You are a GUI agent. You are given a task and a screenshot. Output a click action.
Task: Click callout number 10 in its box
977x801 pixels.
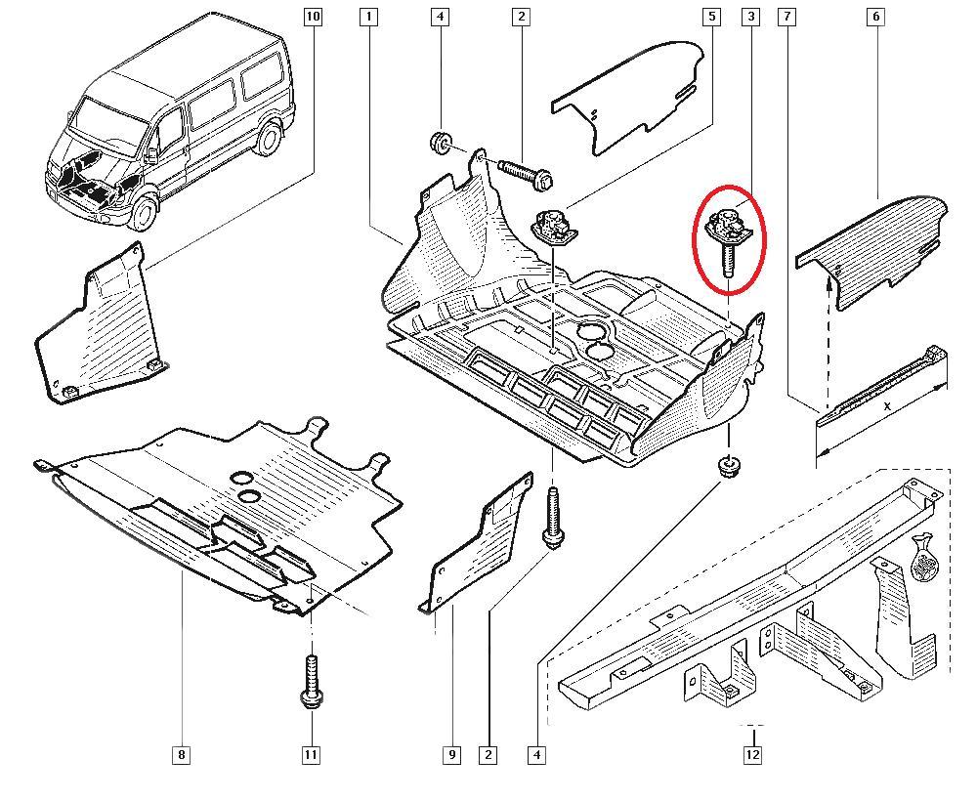pyautogui.click(x=313, y=17)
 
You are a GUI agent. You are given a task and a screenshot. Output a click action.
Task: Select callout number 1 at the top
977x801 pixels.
pyautogui.click(x=369, y=17)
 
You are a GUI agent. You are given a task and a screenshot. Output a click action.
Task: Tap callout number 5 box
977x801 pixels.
pyautogui.click(x=712, y=17)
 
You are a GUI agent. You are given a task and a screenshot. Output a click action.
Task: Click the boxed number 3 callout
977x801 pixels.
pyautogui.click(x=750, y=17)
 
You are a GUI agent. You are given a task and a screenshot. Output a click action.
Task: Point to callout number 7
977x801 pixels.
pyautogui.click(x=786, y=17)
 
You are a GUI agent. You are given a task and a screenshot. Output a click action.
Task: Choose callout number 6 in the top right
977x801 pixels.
pyautogui.click(x=875, y=17)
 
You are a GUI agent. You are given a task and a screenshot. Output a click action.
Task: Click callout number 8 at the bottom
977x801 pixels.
pyautogui.click(x=182, y=755)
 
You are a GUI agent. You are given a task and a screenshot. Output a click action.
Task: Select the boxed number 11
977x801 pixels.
pyautogui.click(x=311, y=755)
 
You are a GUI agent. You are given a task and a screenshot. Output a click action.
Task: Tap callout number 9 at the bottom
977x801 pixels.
pyautogui.click(x=451, y=755)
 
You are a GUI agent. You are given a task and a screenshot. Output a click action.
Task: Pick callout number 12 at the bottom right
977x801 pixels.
pyautogui.click(x=752, y=755)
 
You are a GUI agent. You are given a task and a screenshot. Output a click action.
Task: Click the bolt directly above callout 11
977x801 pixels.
pyautogui.click(x=311, y=682)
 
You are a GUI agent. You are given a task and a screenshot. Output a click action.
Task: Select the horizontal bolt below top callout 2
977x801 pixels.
pyautogui.click(x=527, y=175)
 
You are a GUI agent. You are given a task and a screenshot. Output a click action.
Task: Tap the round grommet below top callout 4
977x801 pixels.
pyautogui.click(x=440, y=143)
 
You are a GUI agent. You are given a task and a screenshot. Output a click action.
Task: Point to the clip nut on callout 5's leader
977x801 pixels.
pyautogui.click(x=551, y=230)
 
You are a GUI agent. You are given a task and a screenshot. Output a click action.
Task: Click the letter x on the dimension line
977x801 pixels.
pyautogui.click(x=887, y=405)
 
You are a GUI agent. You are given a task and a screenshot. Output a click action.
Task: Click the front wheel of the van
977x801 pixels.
pyautogui.click(x=143, y=212)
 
